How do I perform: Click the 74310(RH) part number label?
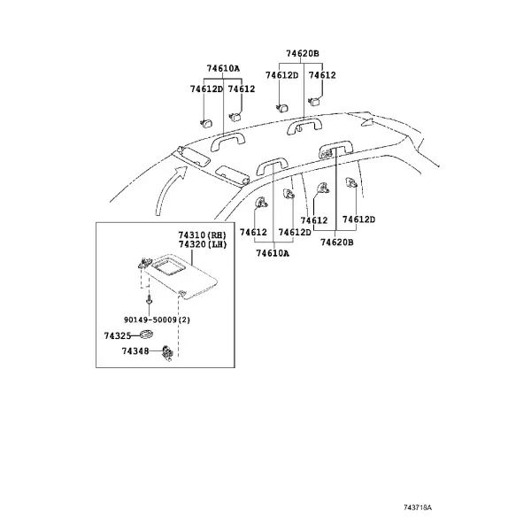202,235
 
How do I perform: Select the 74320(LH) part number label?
202,244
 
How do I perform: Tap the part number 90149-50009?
150,319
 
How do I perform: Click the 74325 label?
117,335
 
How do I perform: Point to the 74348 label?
135,351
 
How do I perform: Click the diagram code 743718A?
418,507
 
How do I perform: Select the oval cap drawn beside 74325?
146,335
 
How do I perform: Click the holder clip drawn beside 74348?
167,353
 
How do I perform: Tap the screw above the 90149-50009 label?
149,299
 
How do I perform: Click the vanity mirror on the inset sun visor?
168,264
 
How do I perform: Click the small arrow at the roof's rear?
367,122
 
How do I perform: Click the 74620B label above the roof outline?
303,53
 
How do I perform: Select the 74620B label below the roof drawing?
337,242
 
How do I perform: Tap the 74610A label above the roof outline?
223,68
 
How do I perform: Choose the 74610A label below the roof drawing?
273,253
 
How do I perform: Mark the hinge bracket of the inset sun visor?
144,263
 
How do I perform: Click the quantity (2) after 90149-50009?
184,319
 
